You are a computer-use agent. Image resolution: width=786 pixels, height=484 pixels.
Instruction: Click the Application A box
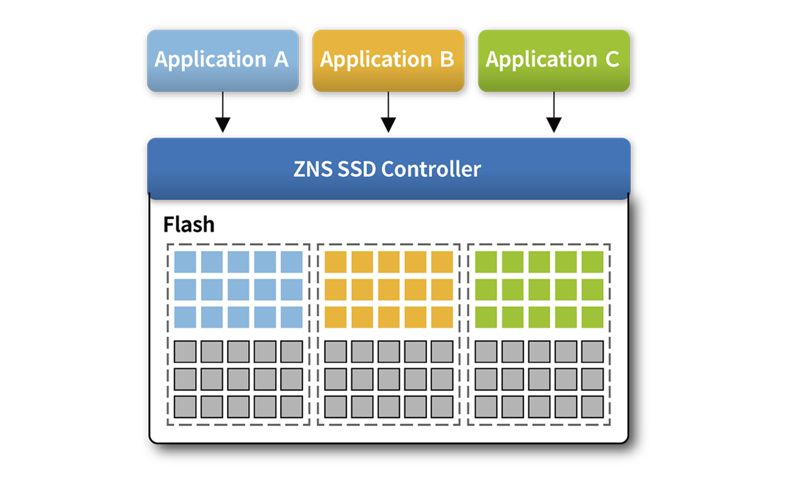[x=223, y=60]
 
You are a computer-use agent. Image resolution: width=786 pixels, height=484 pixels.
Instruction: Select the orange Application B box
[x=388, y=60]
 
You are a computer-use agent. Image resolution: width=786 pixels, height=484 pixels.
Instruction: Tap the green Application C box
[x=554, y=60]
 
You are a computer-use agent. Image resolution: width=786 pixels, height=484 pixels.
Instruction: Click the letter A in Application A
[x=281, y=59]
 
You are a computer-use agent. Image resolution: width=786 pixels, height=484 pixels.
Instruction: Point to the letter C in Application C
[x=612, y=59]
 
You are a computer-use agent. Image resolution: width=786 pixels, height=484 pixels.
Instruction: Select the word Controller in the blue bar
[x=431, y=169]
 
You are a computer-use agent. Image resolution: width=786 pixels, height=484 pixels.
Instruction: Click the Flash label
[x=189, y=225]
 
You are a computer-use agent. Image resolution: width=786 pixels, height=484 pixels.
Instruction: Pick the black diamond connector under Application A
[x=223, y=118]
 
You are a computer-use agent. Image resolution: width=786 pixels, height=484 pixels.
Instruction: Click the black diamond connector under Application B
[x=388, y=118]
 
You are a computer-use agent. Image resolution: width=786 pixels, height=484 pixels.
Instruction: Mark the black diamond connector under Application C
[x=554, y=118]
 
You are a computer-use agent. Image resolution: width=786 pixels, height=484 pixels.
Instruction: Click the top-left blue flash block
[x=185, y=262]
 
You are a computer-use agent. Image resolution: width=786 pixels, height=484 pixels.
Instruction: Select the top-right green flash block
[x=592, y=262]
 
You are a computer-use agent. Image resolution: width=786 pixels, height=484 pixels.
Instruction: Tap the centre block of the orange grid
[x=389, y=289]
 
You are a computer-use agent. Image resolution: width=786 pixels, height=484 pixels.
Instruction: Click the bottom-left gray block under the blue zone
[x=185, y=407]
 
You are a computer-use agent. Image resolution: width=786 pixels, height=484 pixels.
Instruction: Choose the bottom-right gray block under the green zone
[x=592, y=407]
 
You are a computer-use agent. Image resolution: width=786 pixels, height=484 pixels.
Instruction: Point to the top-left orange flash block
[x=336, y=262]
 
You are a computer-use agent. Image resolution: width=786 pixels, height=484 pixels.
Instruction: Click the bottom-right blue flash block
[x=292, y=317]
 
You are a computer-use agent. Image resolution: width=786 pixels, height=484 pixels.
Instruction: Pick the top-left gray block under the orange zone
[x=336, y=352]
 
